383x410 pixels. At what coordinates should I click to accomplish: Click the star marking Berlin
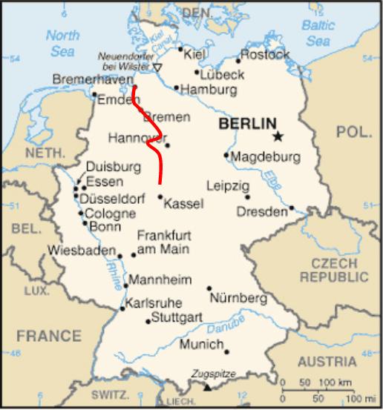tap(278, 136)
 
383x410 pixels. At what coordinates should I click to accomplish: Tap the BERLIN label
tap(247, 124)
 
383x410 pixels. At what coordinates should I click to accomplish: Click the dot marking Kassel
tap(160, 196)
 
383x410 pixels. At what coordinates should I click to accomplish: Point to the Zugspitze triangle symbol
tap(207, 387)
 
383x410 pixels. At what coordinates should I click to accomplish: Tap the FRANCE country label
tap(49, 336)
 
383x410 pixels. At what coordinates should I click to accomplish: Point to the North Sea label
tap(62, 43)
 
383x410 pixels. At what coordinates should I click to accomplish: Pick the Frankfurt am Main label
tap(164, 242)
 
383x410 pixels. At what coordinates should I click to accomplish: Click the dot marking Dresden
tap(292, 208)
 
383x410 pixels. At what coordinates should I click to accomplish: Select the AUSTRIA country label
tap(327, 362)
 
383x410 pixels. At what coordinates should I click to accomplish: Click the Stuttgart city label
tap(177, 317)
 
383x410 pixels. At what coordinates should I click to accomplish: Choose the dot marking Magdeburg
tap(226, 156)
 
